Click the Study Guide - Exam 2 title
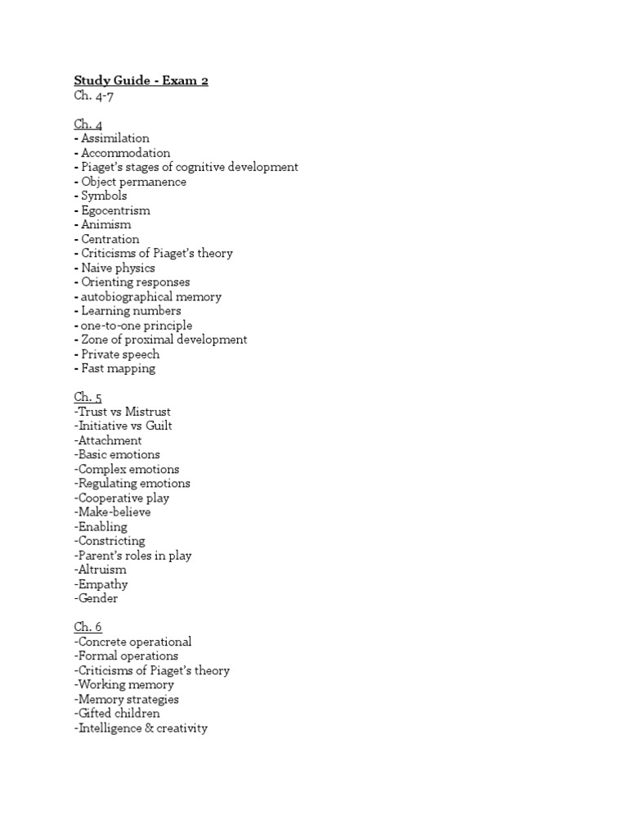141,81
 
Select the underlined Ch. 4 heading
88,124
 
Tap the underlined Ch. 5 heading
88,397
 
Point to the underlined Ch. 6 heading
88,628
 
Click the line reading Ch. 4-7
93,96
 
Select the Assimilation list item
114,138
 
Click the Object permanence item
133,182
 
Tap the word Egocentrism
115,210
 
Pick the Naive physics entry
118,268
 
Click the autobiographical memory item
150,296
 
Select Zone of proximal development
164,340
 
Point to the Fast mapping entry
118,368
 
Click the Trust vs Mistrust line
123,412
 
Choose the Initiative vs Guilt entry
123,426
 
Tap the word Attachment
108,440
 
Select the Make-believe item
113,512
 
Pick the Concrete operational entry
133,642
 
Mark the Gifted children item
117,714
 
